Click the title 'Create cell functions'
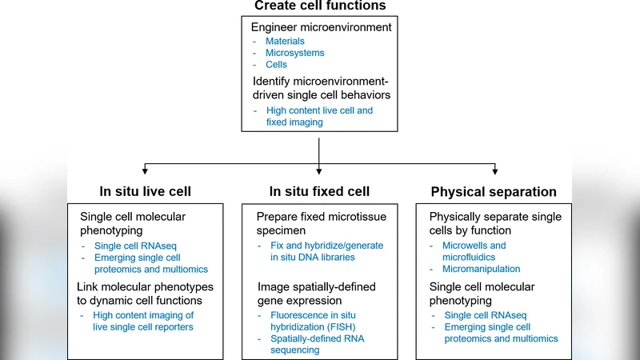click(x=320, y=6)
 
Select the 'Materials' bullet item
click(x=285, y=41)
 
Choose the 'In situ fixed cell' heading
click(x=319, y=191)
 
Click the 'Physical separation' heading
click(x=494, y=192)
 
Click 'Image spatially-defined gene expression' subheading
click(x=316, y=293)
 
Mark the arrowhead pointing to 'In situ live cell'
click(x=145, y=170)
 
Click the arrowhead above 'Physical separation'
click(x=495, y=170)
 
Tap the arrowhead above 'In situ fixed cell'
click(x=319, y=170)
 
